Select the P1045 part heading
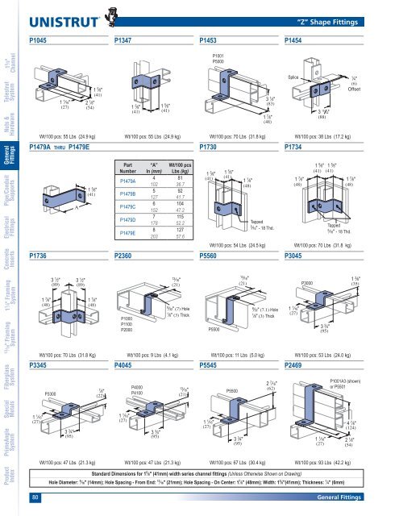coord(41,39)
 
